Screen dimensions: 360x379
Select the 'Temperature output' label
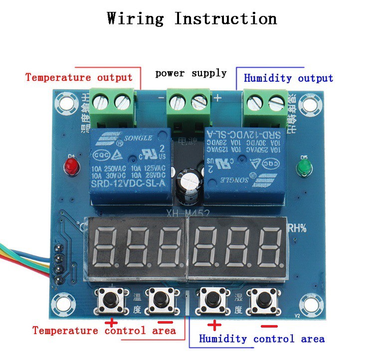[79, 77]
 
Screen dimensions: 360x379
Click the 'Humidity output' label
[288, 78]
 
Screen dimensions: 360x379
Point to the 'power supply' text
[190, 73]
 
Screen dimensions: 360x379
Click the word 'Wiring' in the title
[135, 19]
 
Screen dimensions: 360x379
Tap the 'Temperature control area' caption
[104, 331]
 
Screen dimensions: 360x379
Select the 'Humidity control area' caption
[261, 339]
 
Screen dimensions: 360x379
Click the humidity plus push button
[209, 300]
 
